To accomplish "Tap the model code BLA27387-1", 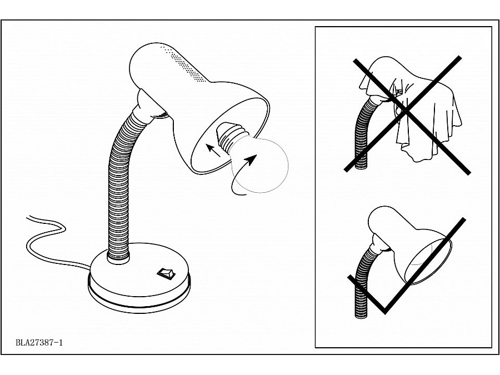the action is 39,343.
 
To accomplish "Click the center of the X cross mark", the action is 405,112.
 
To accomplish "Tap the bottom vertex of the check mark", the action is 385,312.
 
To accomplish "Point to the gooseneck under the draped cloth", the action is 363,134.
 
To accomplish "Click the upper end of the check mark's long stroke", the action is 463,220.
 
